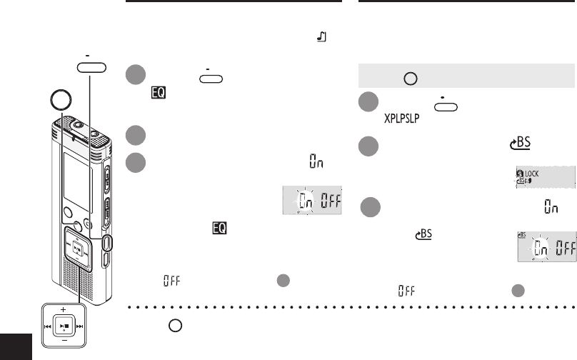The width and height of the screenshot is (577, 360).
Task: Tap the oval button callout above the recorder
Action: point(92,68)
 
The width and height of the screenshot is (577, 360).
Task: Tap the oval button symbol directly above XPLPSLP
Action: point(445,106)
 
